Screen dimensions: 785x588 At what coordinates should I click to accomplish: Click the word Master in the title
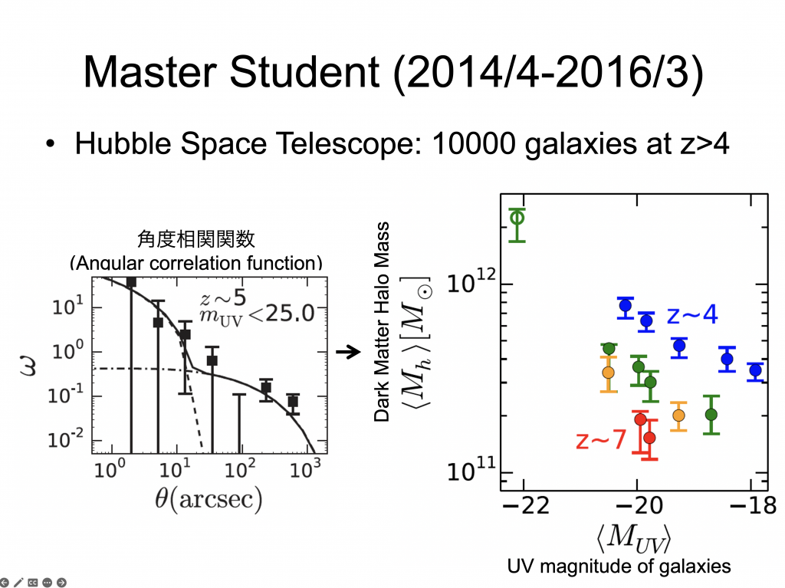[149, 72]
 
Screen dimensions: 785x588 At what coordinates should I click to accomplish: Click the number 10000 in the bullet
[473, 144]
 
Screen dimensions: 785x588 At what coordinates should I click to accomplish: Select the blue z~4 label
[692, 314]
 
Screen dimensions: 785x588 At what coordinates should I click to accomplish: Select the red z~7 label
[601, 440]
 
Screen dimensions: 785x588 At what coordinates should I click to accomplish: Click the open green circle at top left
[517, 218]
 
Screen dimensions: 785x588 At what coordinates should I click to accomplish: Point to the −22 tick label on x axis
[525, 505]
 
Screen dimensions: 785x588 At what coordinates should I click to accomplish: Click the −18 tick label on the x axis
[753, 505]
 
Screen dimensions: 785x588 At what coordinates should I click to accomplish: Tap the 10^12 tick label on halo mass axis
[471, 281]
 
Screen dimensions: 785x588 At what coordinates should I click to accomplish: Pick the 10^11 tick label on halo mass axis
[471, 470]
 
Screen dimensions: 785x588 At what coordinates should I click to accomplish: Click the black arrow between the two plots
[349, 352]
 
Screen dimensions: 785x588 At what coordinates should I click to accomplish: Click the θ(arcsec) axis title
[209, 499]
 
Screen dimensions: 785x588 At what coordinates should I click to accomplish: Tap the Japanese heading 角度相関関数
[196, 239]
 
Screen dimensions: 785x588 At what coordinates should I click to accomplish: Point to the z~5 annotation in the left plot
[223, 298]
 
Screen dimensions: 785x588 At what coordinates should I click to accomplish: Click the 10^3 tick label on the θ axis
[305, 469]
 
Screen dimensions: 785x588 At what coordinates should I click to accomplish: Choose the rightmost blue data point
[755, 370]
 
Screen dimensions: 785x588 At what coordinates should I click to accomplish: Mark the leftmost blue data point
[626, 306]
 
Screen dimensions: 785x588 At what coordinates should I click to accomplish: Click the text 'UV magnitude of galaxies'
[619, 567]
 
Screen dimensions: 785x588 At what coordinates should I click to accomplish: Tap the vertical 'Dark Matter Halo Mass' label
[382, 321]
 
